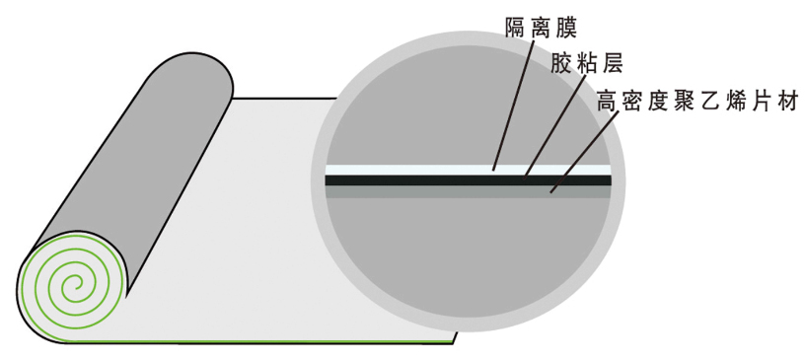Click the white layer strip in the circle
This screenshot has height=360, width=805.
(414, 170)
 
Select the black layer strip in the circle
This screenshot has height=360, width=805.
(414, 180)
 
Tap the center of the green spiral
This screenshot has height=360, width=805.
(71, 287)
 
